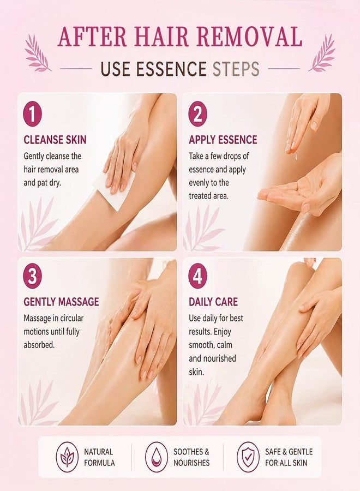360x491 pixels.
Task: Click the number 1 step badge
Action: coord(33,114)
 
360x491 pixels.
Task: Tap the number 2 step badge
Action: coord(198,114)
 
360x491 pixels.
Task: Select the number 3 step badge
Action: coord(33,276)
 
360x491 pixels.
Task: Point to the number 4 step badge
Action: coord(198,276)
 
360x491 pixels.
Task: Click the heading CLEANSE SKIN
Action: coord(55,140)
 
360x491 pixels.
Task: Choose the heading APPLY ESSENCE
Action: coord(223,140)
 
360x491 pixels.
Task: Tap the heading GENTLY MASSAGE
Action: coord(61,302)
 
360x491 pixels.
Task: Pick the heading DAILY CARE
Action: coord(213,302)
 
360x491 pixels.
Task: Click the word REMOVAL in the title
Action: coord(249,37)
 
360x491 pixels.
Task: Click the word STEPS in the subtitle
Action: coord(236,69)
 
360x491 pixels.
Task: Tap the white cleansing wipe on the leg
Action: coord(113,190)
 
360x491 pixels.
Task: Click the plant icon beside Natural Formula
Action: coord(67,457)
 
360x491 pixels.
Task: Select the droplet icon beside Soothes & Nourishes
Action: coord(156,457)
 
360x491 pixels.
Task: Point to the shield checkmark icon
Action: coord(248,457)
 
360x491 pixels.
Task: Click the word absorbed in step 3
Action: coord(39,345)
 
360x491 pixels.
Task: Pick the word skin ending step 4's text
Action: coord(196,372)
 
